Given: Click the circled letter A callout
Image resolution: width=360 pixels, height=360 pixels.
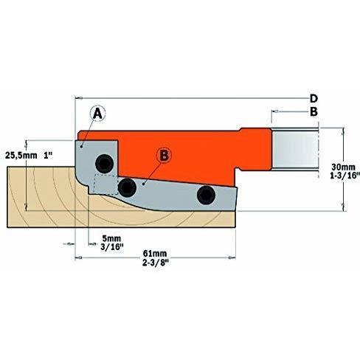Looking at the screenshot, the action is [x=97, y=114].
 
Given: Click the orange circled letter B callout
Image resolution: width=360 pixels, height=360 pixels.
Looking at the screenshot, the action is [x=164, y=156].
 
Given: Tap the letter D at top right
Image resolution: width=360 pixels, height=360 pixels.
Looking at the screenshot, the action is [x=314, y=99].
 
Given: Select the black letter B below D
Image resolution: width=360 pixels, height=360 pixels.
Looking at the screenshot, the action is [x=314, y=111].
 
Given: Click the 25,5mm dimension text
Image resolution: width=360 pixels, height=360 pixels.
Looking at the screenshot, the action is [x=21, y=156].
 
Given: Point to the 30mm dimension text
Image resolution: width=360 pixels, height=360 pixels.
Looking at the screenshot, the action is [x=343, y=167].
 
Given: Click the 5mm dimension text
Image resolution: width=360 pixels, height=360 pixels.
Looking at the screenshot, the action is [x=111, y=238].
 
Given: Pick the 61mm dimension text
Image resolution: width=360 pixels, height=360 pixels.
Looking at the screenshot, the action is [x=155, y=253].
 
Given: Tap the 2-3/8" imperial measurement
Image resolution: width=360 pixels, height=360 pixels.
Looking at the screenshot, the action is [x=156, y=263].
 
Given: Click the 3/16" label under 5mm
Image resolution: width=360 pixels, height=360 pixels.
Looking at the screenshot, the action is [x=111, y=247].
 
